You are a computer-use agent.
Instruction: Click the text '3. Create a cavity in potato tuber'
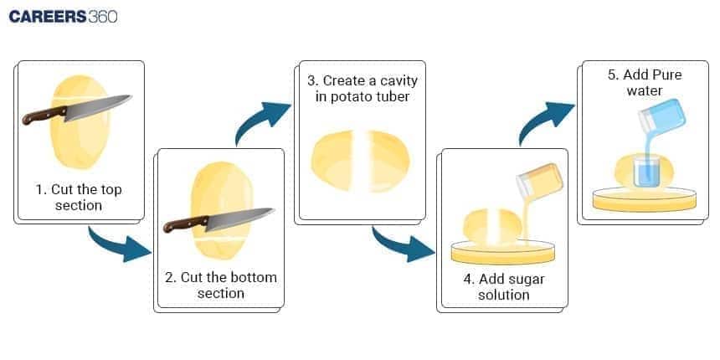point(361,89)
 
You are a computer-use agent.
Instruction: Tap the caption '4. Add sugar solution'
point(504,286)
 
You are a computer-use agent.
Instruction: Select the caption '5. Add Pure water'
point(644,82)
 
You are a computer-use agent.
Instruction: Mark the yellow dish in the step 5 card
point(644,198)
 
